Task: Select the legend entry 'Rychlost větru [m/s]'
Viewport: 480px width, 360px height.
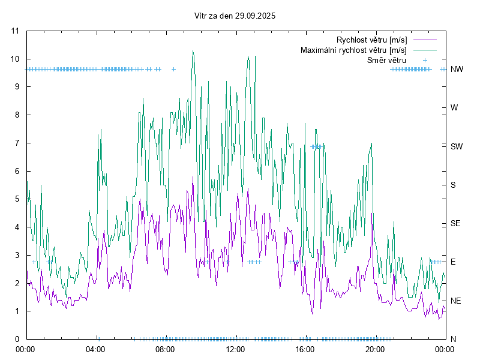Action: [x=371, y=40]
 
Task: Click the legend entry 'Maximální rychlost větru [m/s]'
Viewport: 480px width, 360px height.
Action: [x=353, y=50]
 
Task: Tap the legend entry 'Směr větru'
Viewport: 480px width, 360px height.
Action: [x=386, y=60]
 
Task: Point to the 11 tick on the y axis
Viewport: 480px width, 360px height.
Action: [x=15, y=31]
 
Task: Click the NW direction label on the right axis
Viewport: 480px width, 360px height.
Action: [x=457, y=69]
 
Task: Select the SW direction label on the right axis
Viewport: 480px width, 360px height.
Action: [x=457, y=146]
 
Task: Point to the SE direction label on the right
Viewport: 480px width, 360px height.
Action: [x=455, y=223]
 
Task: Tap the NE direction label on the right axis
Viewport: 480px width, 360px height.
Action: [x=456, y=301]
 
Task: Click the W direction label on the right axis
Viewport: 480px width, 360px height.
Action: [x=454, y=108]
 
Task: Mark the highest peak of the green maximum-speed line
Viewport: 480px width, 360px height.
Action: [x=193, y=51]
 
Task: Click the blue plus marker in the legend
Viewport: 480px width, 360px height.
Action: [x=424, y=60]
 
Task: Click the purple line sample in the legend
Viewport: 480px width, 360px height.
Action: [x=424, y=40]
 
